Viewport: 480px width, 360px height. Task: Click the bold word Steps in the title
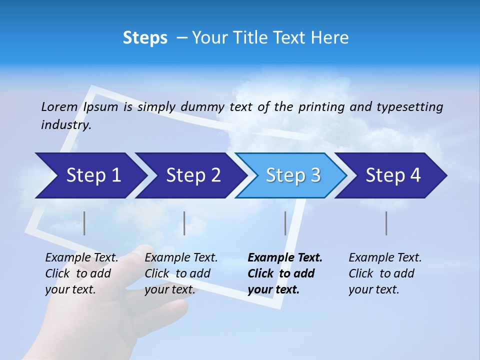coord(145,38)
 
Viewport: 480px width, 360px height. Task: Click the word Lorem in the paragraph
coord(59,106)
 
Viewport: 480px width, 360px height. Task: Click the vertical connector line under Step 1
coord(84,223)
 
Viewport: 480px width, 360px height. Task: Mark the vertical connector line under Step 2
coord(184,223)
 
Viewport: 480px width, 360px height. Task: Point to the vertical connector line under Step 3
coord(285,223)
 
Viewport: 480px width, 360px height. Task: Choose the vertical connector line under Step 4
coord(386,223)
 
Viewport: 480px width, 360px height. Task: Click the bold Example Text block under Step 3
coord(284,273)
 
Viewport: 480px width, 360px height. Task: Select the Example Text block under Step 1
coord(81,273)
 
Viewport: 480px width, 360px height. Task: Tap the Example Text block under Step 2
coord(181,273)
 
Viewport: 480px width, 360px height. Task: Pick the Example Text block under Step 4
coord(384,273)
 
